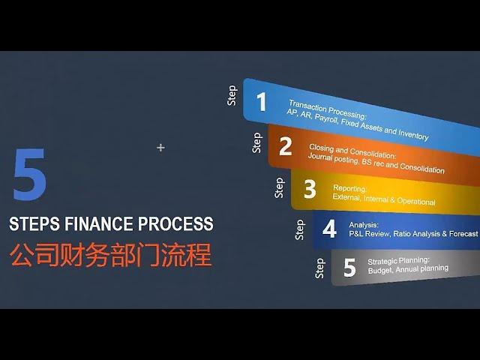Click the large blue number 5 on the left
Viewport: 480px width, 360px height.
tap(30, 175)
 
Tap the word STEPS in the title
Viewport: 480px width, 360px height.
tap(34, 223)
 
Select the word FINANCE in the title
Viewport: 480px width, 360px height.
tap(98, 223)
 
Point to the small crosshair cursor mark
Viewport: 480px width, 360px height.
tap(160, 148)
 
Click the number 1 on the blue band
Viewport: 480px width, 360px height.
tap(262, 102)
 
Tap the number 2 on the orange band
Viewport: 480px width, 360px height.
tap(285, 146)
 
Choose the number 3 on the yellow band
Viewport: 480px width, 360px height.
tap(310, 189)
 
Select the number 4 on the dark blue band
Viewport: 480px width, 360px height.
tap(329, 228)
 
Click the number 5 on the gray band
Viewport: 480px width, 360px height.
tap(349, 267)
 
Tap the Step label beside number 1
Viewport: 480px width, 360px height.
tap(232, 95)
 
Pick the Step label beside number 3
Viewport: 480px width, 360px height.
tap(279, 187)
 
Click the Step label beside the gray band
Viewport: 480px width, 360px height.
tap(319, 268)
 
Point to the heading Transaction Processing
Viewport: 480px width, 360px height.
tap(327, 109)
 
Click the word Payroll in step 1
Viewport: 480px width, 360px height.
tap(326, 118)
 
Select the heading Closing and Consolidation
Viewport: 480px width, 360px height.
tap(352, 151)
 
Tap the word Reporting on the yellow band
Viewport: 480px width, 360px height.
tap(349, 188)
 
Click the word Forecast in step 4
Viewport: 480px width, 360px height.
tap(463, 234)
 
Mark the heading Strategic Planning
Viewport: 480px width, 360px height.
tap(398, 261)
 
